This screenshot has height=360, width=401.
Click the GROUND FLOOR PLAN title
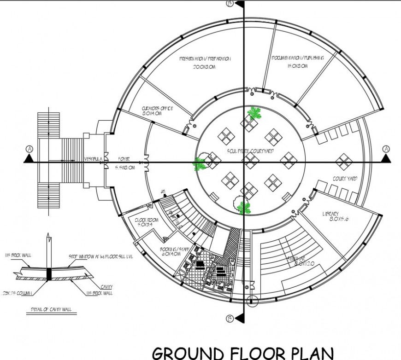click(x=243, y=353)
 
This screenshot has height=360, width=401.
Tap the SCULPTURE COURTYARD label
click(x=251, y=151)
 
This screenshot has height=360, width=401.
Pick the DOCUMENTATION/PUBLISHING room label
click(x=297, y=58)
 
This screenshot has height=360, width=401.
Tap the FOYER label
click(x=124, y=159)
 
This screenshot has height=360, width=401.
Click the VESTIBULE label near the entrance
click(x=93, y=159)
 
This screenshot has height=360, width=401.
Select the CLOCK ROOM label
click(x=147, y=220)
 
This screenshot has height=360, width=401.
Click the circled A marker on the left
click(x=29, y=149)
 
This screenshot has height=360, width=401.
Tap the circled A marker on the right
click(x=386, y=149)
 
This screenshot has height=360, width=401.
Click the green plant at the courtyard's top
click(x=254, y=113)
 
